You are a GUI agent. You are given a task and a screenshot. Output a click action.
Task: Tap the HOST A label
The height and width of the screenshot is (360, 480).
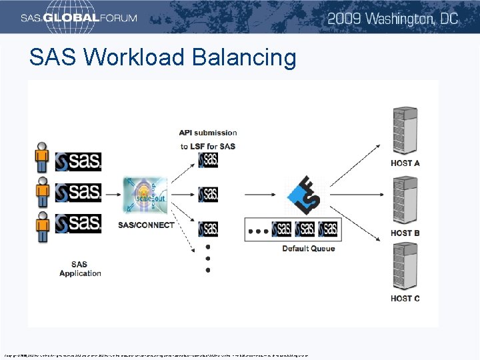405,163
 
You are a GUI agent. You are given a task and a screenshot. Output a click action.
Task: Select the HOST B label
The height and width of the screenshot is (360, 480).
405,233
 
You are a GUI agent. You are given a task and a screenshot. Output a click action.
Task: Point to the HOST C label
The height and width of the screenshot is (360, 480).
405,299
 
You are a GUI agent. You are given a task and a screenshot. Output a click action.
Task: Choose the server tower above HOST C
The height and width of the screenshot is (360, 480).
405,267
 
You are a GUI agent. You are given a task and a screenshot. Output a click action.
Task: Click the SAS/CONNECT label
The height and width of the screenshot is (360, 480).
146,225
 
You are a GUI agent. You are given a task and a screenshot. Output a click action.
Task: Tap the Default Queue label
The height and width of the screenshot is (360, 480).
308,249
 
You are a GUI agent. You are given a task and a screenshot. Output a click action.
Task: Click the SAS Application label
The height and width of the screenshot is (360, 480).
80,269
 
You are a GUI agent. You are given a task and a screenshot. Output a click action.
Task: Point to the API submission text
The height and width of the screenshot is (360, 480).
207,133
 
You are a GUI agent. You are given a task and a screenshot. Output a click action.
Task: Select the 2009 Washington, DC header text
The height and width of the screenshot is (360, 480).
393,18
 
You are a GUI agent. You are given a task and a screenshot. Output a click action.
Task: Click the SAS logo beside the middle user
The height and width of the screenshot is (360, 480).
78,192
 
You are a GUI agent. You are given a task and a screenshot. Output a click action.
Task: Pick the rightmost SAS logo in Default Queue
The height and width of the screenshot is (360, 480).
328,229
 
